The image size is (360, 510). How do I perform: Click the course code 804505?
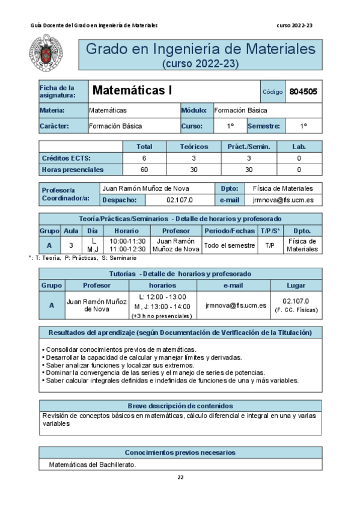point(304,91)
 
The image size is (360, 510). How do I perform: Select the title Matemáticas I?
point(132,91)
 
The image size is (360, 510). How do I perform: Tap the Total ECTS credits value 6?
point(144,158)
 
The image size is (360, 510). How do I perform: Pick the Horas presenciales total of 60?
point(144,169)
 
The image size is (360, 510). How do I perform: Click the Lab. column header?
point(299,146)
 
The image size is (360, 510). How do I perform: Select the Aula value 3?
point(71,245)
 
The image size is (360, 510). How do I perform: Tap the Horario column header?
point(127,230)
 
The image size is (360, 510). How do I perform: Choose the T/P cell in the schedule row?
point(269,245)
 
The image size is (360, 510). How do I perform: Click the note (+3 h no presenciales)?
point(162,316)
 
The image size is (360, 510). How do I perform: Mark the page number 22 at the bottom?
point(180,478)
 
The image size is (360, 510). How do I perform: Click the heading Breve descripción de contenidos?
point(180,406)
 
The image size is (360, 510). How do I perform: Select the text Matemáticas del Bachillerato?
point(93,464)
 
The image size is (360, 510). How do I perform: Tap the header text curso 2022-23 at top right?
point(295,25)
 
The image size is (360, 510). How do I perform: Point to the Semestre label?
point(263,126)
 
